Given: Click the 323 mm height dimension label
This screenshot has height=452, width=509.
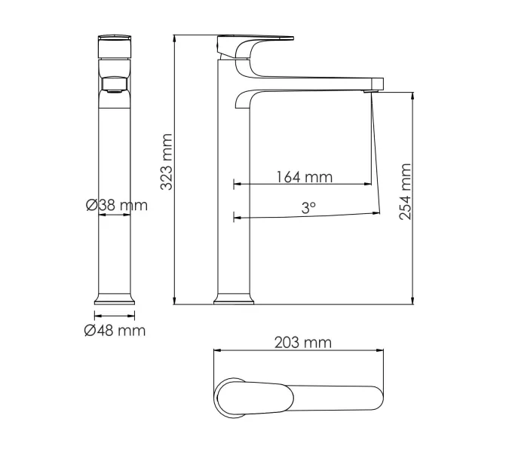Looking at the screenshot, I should [x=167, y=162].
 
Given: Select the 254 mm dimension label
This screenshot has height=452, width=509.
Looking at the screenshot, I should [x=406, y=191].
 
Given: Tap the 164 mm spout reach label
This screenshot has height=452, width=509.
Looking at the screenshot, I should [x=304, y=177].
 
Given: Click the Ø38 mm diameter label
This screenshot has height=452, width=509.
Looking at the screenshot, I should [x=116, y=205].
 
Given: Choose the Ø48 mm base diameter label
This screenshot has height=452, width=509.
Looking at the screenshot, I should [x=115, y=330].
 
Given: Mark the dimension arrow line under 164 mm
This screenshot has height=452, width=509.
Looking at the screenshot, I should [x=302, y=184].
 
